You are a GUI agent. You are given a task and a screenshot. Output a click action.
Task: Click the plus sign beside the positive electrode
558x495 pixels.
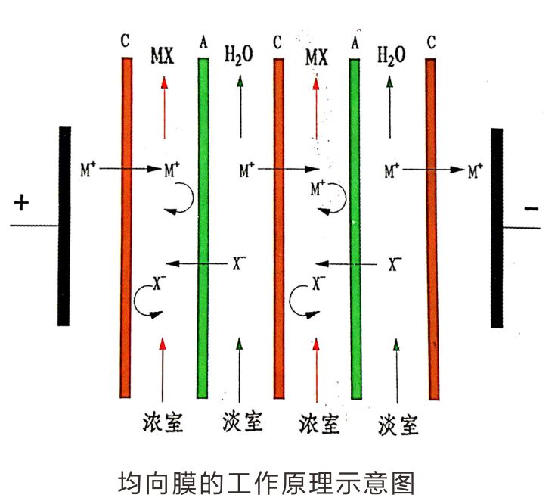(21, 203)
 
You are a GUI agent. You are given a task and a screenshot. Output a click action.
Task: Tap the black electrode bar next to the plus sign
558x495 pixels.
(65, 226)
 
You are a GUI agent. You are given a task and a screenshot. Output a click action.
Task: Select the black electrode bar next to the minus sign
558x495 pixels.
(497, 227)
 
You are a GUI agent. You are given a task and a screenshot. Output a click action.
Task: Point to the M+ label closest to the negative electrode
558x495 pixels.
(475, 171)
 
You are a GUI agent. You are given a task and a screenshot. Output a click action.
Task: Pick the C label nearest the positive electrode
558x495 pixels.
(126, 42)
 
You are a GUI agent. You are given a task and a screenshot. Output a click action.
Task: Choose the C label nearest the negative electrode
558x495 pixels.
(431, 42)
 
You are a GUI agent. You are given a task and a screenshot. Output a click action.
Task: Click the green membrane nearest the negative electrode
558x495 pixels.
(355, 227)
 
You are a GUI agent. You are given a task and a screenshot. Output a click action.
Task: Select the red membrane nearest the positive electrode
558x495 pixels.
(126, 227)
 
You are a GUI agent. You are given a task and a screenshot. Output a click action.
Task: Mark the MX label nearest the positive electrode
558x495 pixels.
(163, 56)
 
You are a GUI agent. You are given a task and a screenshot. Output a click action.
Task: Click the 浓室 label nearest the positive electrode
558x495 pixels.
(163, 422)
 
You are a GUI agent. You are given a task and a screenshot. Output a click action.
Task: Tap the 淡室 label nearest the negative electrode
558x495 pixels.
(398, 424)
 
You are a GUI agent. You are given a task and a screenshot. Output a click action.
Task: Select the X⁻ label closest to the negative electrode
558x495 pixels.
(395, 263)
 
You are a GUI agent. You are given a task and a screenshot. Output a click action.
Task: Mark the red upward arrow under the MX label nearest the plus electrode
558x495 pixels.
(163, 110)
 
